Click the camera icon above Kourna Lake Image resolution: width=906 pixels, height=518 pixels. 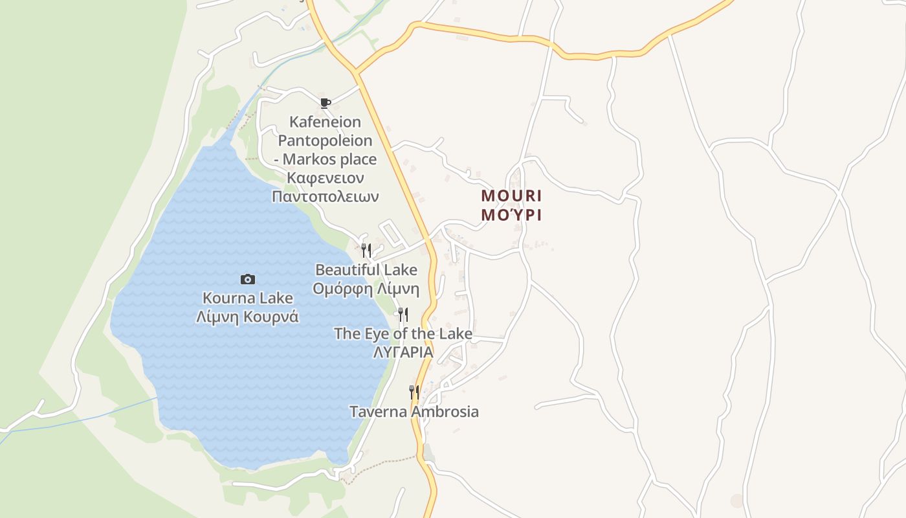(x=248, y=279)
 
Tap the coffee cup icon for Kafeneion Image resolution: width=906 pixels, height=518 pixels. (x=326, y=102)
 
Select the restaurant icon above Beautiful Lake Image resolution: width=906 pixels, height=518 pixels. (x=366, y=251)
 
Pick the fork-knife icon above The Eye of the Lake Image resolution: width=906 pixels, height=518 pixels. (x=403, y=315)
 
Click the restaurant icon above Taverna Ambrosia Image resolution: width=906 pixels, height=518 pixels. (x=414, y=392)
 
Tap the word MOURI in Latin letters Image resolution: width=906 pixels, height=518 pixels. (x=512, y=196)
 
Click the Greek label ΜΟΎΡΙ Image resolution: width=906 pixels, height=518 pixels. (x=512, y=215)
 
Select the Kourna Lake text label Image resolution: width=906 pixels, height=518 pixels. (x=248, y=298)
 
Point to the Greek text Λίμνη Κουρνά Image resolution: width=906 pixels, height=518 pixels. (x=248, y=317)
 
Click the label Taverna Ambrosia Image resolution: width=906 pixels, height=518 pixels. (x=414, y=412)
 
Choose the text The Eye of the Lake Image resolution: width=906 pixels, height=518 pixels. (x=403, y=334)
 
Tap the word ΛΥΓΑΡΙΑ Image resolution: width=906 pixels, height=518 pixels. (x=403, y=353)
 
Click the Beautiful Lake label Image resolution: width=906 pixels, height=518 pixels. (x=366, y=269)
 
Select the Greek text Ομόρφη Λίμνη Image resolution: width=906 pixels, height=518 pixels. (x=366, y=289)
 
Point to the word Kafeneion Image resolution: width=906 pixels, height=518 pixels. (x=326, y=122)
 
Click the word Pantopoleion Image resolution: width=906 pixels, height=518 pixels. (x=326, y=141)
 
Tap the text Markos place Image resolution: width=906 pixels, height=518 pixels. (x=330, y=159)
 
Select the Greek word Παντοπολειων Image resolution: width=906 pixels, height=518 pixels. (x=326, y=197)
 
